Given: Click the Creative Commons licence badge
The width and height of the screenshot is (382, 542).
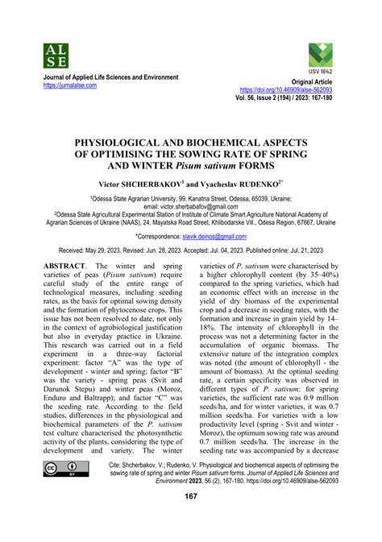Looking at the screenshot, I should [61, 491].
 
